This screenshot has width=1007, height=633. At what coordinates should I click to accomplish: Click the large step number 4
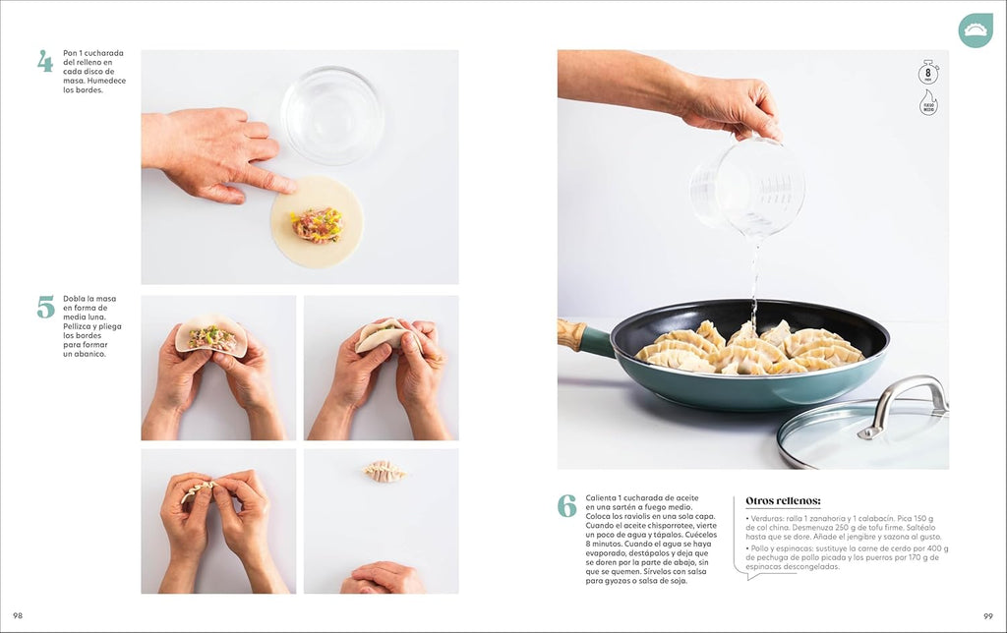tap(45, 61)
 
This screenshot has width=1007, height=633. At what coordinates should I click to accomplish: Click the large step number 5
tap(45, 307)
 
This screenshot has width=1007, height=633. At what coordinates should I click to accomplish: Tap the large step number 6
tap(566, 505)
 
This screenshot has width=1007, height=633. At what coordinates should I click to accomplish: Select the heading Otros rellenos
tap(783, 500)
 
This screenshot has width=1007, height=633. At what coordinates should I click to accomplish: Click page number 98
tap(18, 615)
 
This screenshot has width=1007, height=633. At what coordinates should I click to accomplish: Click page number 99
tap(987, 615)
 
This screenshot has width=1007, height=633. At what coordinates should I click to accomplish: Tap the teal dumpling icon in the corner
tap(976, 30)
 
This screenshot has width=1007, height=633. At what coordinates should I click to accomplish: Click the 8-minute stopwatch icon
tap(927, 73)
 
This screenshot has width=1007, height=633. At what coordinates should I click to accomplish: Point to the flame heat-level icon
tap(927, 103)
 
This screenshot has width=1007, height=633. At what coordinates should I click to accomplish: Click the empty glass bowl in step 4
tap(331, 115)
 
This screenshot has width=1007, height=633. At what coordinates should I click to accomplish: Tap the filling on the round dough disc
tap(317, 224)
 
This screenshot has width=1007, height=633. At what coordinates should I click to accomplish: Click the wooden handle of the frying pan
tap(571, 334)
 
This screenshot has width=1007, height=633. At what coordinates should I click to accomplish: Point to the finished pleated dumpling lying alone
tap(384, 472)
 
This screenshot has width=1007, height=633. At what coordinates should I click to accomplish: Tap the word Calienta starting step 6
tap(603, 497)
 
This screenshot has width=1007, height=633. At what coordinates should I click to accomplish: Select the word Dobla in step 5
tap(75, 299)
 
